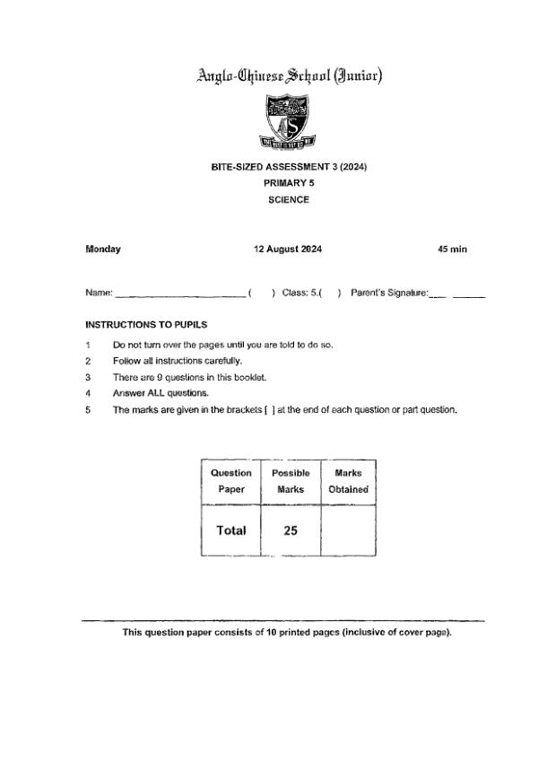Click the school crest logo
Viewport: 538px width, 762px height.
(288, 123)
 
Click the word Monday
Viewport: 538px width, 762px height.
(103, 250)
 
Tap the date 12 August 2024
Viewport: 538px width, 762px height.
(288, 250)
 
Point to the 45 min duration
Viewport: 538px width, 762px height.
(452, 250)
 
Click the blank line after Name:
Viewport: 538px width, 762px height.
(179, 293)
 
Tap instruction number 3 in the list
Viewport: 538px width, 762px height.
(88, 377)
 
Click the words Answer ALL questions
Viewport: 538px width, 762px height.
(161, 393)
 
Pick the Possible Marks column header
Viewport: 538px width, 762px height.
(290, 481)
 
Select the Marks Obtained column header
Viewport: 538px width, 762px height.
(348, 481)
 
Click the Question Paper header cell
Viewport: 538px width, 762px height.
(231, 481)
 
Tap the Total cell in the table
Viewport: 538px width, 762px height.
(231, 530)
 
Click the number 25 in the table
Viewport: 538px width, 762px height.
(290, 530)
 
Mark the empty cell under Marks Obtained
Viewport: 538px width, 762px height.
(348, 530)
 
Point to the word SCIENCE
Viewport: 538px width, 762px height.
(289, 200)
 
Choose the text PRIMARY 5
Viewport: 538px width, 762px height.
(289, 184)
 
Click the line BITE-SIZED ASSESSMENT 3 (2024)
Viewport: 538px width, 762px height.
(289, 168)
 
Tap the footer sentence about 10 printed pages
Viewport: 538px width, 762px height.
(287, 633)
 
